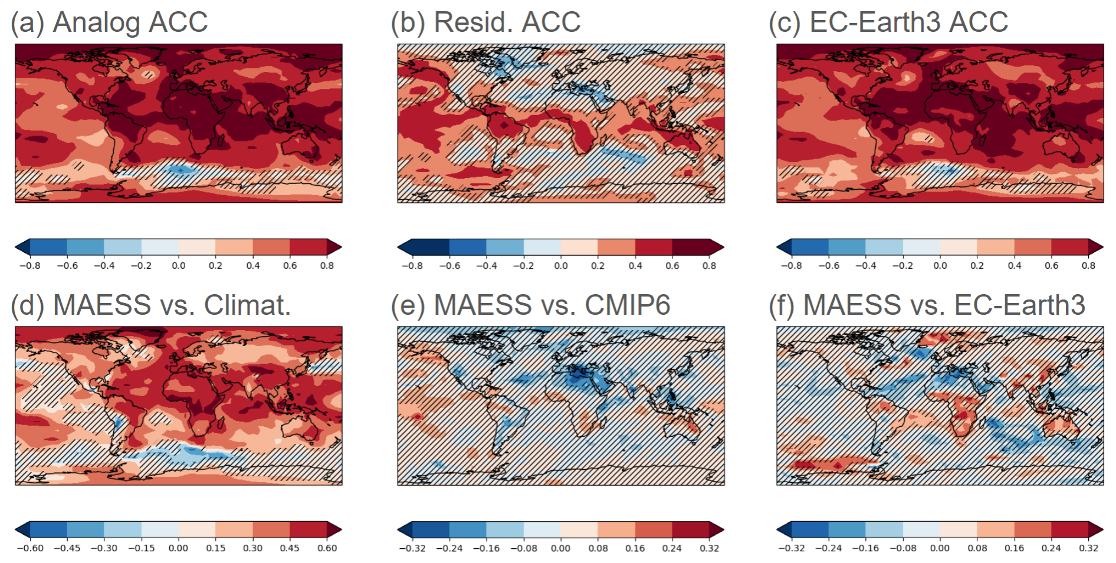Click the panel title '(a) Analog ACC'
coord(109,22)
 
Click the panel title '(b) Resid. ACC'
coord(485,22)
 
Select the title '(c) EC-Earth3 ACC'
coord(888,22)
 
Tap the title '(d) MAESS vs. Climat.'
coord(151,305)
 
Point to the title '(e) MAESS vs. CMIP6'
coord(530,305)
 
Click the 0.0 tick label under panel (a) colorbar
coord(178,266)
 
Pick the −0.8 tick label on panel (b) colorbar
coord(412,266)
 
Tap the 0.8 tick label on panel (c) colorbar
coord(1088,266)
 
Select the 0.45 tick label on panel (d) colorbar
coord(290,548)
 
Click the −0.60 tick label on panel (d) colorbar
coord(30,548)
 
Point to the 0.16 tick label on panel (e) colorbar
coord(635,548)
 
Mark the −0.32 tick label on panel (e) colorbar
coord(412,548)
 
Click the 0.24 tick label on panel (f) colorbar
coord(1051,548)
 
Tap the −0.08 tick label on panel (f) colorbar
coord(902,548)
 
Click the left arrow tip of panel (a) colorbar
coord(17,247)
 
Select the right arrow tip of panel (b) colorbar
coord(722,247)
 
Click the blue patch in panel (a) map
coord(180,170)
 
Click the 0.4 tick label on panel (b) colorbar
coord(635,266)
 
